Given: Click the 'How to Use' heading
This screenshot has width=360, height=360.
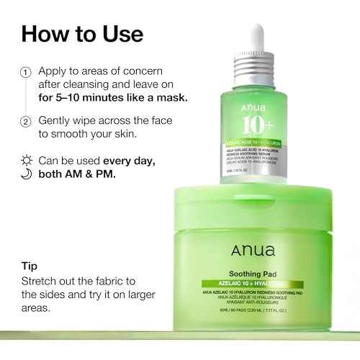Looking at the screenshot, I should point(82,34).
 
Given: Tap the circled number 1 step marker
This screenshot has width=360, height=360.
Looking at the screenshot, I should point(26,73).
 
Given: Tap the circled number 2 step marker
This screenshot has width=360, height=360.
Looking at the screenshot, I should point(26,122).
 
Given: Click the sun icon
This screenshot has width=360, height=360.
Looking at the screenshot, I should point(26,158).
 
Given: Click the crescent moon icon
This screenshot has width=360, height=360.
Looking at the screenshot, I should point(26,172).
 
